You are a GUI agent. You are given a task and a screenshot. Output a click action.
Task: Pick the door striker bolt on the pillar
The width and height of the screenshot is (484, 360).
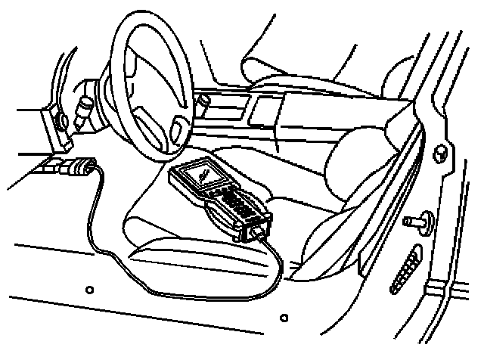415,222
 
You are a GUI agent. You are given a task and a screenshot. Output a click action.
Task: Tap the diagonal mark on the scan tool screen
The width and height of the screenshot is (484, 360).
203,174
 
